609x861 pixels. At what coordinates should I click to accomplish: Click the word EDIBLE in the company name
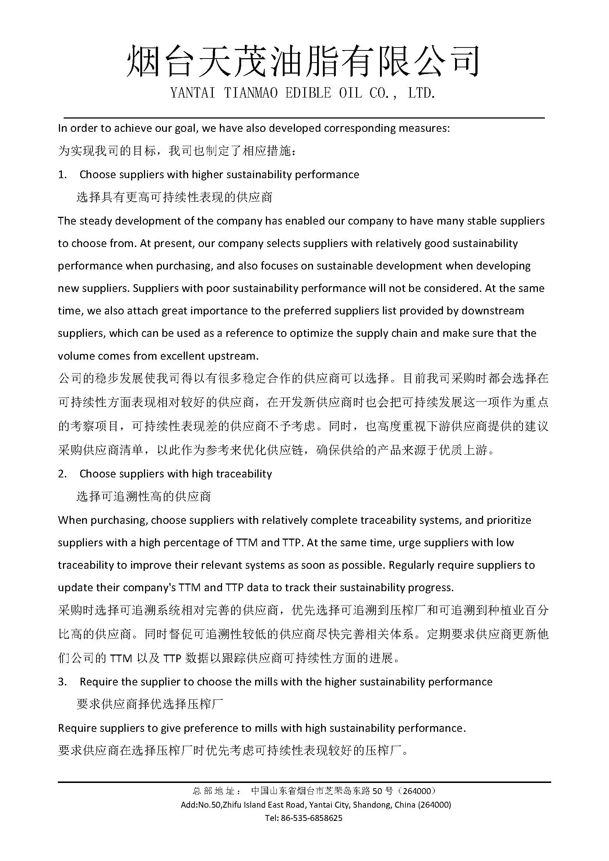tap(308, 93)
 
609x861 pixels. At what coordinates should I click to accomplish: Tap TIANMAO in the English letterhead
tap(250, 93)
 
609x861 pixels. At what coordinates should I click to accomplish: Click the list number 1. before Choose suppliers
tap(62, 175)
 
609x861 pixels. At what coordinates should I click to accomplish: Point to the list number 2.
tap(62, 474)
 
